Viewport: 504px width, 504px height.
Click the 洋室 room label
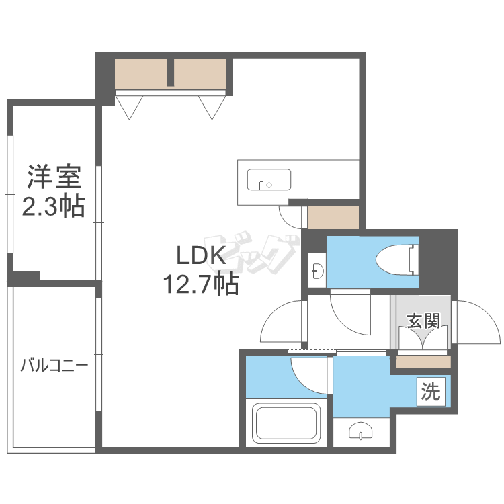(x=54, y=177)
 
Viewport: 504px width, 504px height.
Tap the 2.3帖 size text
(x=53, y=206)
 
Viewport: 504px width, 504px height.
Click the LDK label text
(x=201, y=255)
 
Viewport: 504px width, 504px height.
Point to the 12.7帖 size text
(x=201, y=284)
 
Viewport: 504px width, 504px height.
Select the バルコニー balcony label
(x=54, y=366)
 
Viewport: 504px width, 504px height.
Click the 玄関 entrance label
(x=423, y=321)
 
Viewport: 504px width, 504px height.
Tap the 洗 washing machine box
(x=431, y=392)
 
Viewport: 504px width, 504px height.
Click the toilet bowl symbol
(x=398, y=259)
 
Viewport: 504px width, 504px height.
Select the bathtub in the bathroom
(x=286, y=423)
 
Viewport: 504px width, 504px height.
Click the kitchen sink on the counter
(x=269, y=179)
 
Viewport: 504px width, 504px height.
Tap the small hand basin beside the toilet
(x=317, y=271)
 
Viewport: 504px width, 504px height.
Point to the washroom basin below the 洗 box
(x=361, y=431)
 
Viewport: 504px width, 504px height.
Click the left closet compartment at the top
(x=141, y=74)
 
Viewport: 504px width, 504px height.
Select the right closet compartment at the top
(x=200, y=74)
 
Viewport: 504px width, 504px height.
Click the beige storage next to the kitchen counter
(x=333, y=217)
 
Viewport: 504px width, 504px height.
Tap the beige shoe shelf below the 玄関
(x=423, y=362)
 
